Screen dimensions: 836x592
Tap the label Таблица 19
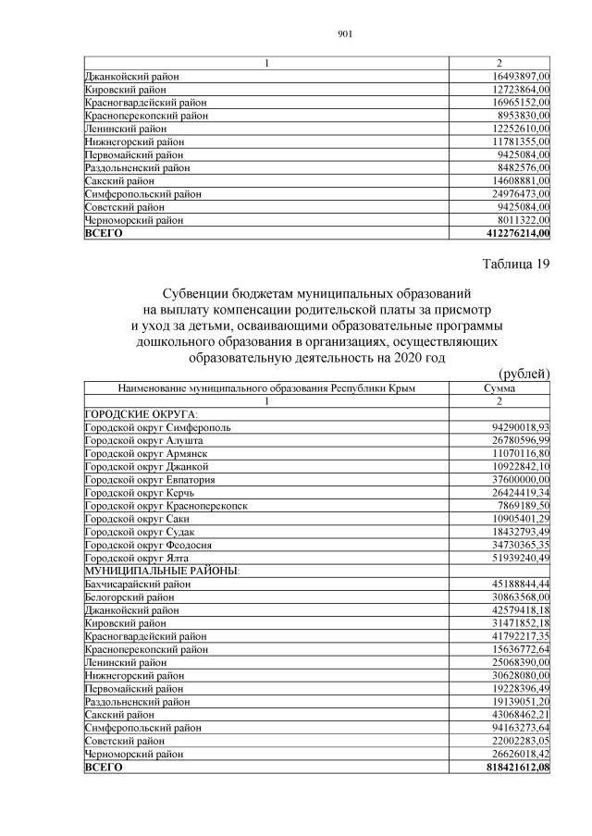coord(515,265)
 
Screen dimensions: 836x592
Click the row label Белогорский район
coord(130,597)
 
